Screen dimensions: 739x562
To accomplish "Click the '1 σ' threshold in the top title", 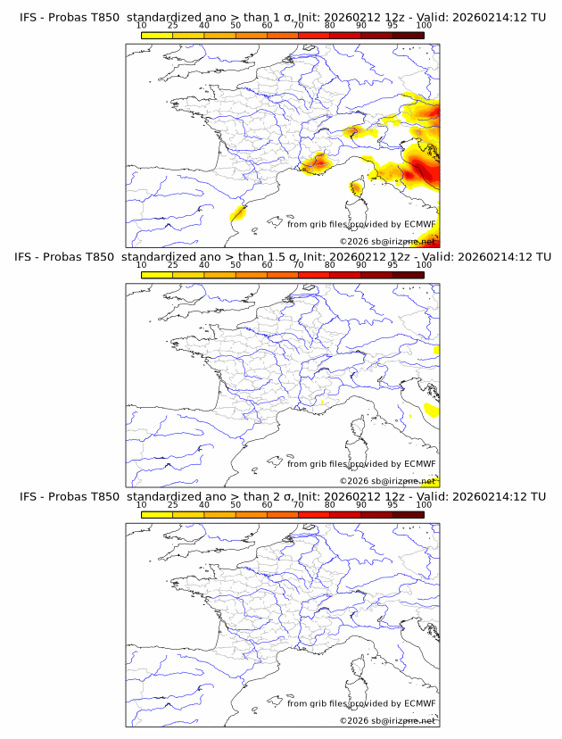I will (291, 18).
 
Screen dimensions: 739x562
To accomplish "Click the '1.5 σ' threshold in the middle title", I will (297, 257).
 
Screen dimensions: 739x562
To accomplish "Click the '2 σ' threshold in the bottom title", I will (291, 496).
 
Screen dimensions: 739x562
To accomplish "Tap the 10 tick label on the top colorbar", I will (142, 26).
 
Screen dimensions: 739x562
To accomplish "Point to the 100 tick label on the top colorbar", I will (424, 26).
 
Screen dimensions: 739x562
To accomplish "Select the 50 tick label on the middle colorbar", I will (236, 265).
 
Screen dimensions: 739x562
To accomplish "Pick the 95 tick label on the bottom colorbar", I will (393, 504).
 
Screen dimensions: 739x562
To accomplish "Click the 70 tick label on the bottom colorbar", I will (298, 504).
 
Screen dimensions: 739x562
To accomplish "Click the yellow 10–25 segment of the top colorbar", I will (157, 35).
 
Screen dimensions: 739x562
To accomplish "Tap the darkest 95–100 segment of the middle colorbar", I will (408, 274).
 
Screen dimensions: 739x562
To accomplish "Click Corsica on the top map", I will (357, 188).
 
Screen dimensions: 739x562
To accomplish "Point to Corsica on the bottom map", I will (357, 667).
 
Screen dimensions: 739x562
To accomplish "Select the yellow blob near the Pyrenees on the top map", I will (238, 212).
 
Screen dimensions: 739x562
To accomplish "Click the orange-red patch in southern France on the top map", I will (318, 162).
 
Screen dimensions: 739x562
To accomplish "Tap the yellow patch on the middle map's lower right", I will (432, 410).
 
